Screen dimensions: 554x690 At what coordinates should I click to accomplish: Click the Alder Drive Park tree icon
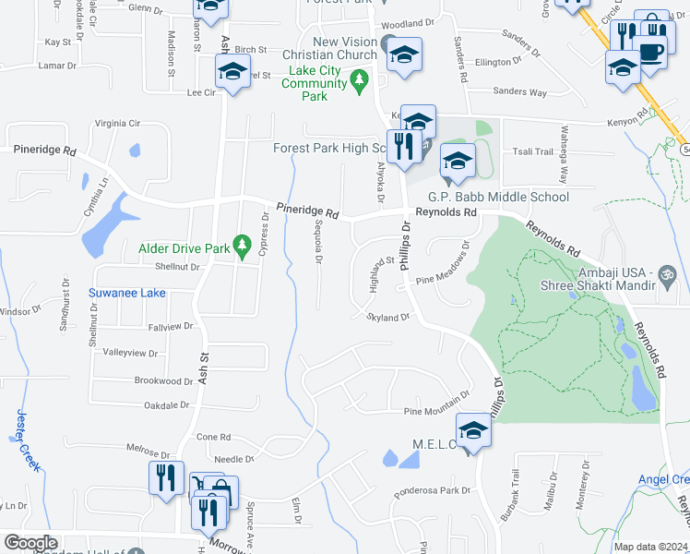(x=243, y=246)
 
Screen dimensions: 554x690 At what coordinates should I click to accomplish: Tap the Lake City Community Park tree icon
(x=360, y=83)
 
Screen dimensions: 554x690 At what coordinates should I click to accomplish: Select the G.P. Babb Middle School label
(x=498, y=197)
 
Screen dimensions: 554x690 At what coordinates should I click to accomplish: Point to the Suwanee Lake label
(x=127, y=294)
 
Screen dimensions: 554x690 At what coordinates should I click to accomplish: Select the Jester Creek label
(x=27, y=440)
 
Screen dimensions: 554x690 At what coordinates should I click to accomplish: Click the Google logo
(x=30, y=542)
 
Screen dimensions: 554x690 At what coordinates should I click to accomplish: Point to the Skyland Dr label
(x=387, y=318)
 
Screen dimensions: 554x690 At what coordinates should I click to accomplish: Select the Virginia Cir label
(x=117, y=123)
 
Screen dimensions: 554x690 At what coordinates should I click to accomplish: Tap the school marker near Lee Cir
(x=233, y=72)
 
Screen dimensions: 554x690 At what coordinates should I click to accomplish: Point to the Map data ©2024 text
(x=649, y=547)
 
